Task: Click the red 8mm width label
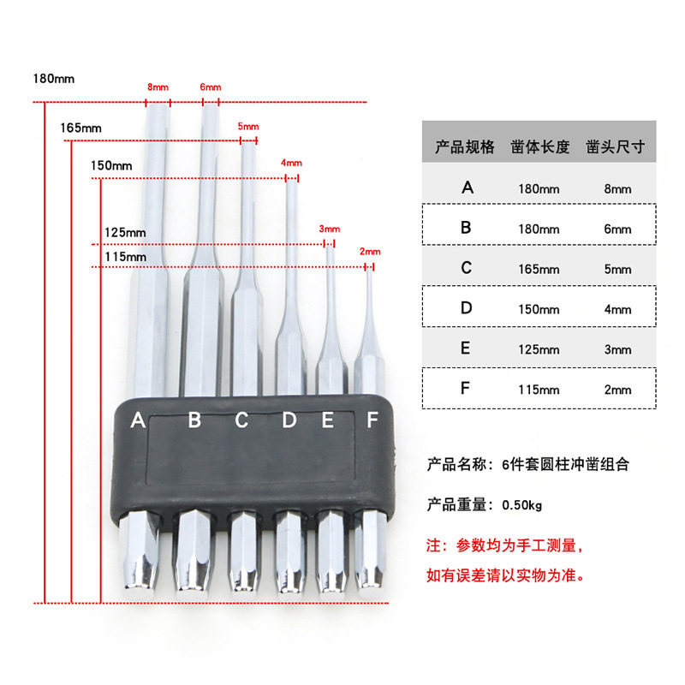[x=158, y=87]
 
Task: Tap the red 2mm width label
[x=370, y=252]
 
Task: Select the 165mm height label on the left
[x=80, y=128]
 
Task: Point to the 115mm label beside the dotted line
[x=125, y=257]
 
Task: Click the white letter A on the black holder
[x=138, y=420]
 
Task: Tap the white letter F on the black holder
[x=372, y=420]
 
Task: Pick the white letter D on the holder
[x=289, y=420]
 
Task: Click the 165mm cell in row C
[x=539, y=269]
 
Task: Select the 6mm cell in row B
[x=617, y=229]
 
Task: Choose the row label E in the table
[x=466, y=348]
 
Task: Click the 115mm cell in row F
[x=539, y=390]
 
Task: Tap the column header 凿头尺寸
[x=615, y=146]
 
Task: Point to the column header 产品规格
[x=465, y=146]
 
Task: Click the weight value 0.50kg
[x=522, y=505]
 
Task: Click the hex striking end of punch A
[x=140, y=551]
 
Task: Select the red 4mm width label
[x=291, y=163]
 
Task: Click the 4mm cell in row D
[x=617, y=309]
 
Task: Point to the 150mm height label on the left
[x=111, y=166]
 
